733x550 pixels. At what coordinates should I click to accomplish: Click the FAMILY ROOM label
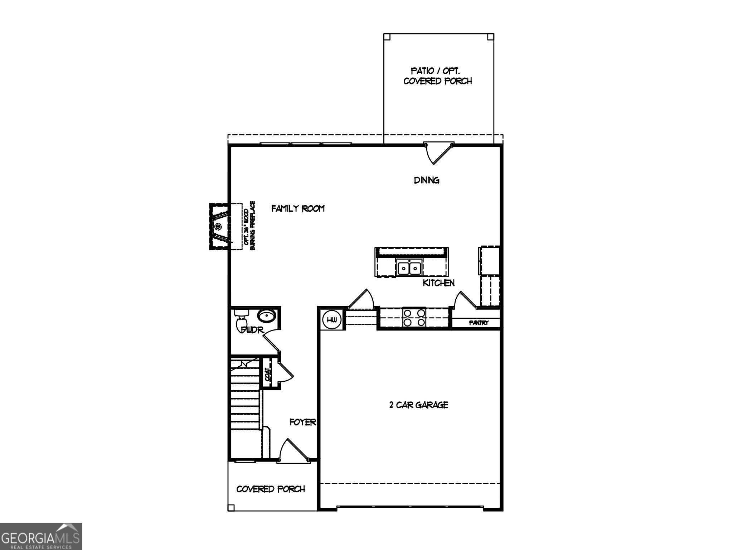pyautogui.click(x=298, y=208)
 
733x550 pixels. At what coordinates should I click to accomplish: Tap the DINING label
pyautogui.click(x=427, y=180)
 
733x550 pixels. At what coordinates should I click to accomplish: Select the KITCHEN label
pyautogui.click(x=438, y=283)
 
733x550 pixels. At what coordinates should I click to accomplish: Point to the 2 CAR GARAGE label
pyautogui.click(x=418, y=405)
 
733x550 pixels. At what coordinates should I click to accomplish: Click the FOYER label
pyautogui.click(x=303, y=423)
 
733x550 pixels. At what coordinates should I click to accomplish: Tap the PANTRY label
pyautogui.click(x=479, y=323)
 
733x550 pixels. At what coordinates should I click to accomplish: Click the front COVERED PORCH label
pyautogui.click(x=271, y=489)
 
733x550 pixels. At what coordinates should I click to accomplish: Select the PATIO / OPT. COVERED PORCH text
pyautogui.click(x=437, y=76)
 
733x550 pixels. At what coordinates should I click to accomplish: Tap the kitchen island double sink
pyautogui.click(x=409, y=268)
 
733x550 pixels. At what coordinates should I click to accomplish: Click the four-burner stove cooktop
pyautogui.click(x=414, y=317)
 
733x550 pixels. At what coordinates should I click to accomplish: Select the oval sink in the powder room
pyautogui.click(x=267, y=316)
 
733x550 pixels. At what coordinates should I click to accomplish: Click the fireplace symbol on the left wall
pyautogui.click(x=218, y=226)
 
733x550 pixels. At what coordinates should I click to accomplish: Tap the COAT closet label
pyautogui.click(x=267, y=374)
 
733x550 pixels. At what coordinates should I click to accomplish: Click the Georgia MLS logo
pyautogui.click(x=41, y=536)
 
